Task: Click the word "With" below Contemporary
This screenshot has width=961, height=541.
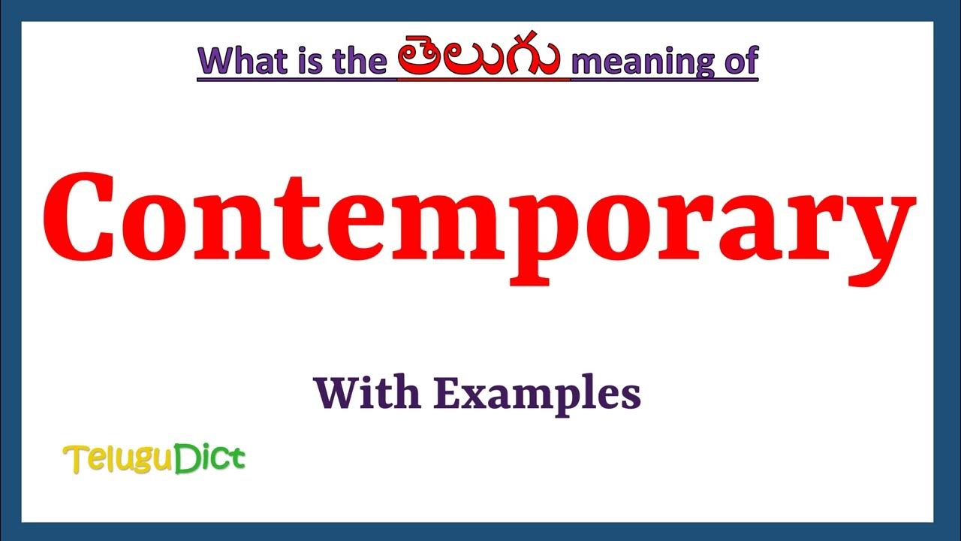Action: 366,393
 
